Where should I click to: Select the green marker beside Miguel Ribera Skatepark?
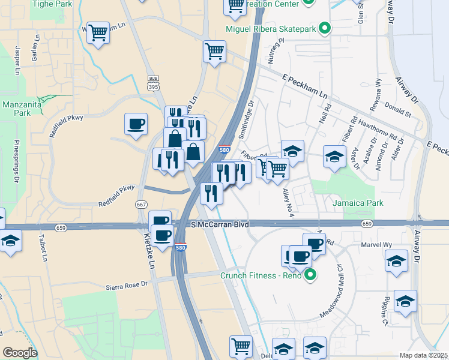325,28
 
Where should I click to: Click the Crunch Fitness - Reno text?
261,276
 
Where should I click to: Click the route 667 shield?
142,205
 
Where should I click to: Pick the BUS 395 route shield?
153,83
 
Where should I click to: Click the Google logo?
20,352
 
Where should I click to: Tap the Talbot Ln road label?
43,247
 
